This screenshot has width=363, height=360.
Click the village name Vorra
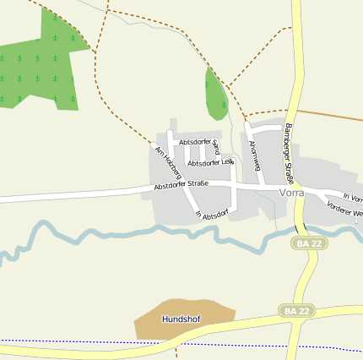(291, 193)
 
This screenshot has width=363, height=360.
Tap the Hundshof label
(180, 319)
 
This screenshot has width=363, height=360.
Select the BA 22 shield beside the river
(310, 243)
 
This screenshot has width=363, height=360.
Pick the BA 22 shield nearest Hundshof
(297, 311)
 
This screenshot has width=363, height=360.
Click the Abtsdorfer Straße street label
(181, 183)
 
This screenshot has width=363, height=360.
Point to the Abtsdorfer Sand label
(199, 142)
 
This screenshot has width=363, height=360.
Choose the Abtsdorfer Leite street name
(210, 162)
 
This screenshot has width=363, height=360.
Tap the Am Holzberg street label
(167, 162)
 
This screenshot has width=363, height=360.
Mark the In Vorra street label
(353, 198)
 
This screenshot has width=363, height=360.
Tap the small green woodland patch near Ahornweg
(215, 93)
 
